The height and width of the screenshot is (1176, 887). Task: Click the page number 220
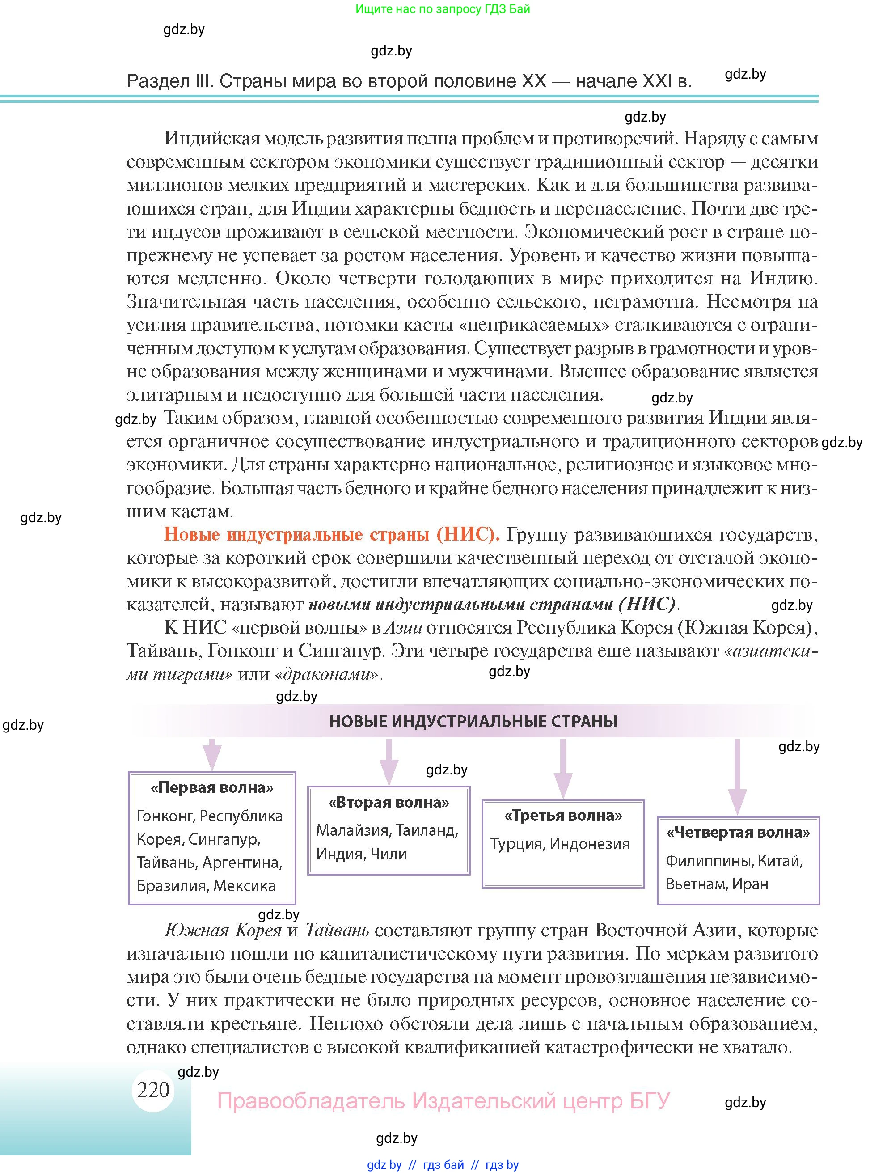point(153,1089)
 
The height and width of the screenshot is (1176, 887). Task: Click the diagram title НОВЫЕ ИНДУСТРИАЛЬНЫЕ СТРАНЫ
point(473,721)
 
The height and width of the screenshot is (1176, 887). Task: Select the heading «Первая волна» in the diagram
point(212,787)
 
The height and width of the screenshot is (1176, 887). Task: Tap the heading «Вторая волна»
point(389,802)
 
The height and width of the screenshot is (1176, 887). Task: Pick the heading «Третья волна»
point(563,815)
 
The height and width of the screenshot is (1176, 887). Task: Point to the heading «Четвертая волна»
point(738,832)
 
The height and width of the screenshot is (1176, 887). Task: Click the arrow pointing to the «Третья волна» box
point(563,769)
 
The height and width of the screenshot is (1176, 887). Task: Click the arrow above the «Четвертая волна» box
point(737,776)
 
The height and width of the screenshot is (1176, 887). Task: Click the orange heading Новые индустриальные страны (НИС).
point(332,534)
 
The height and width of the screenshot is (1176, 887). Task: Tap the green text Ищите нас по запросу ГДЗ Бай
point(443,9)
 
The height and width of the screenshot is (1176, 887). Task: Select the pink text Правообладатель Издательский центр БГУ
point(443,1100)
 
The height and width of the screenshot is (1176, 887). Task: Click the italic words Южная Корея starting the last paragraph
point(223,930)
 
